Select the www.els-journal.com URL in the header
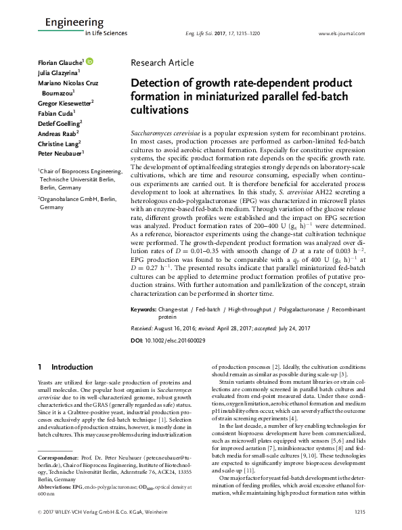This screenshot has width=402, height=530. coord(336,32)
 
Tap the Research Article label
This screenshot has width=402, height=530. coord(162,63)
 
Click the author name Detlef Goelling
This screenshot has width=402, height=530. coord(59,123)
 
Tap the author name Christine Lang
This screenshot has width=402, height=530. coord(58,143)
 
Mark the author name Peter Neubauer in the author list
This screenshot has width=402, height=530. coord(59,154)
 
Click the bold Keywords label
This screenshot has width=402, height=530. coord(143,309)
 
